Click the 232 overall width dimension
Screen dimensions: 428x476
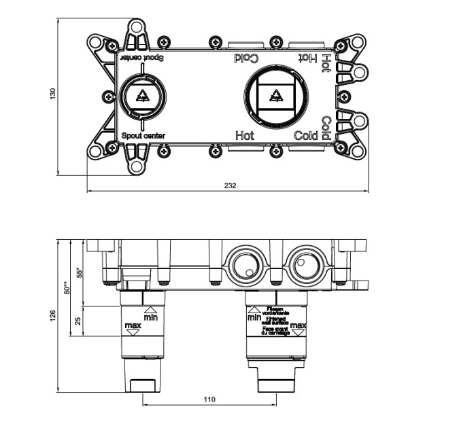tap(229, 186)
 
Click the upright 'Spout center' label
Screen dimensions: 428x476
tap(143, 136)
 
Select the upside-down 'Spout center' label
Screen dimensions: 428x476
tap(143, 59)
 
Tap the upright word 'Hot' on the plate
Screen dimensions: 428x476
tap(244, 135)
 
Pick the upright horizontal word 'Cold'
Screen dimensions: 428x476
tap(306, 135)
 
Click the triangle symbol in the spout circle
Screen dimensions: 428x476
tap(143, 97)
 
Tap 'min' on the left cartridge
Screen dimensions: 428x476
tap(151, 317)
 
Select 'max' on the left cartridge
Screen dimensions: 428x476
tap(133, 327)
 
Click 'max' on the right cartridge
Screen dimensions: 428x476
tap(298, 327)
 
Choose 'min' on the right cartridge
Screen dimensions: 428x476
tap(254, 317)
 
